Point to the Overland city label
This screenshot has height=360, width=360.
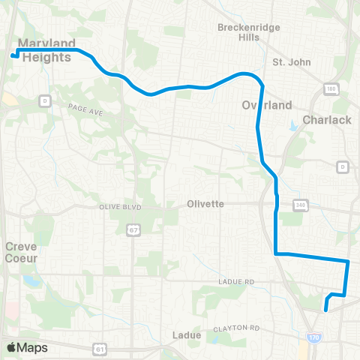pos(266,106)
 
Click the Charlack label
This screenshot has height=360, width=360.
pos(326,120)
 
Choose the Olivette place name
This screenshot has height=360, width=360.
pos(206,203)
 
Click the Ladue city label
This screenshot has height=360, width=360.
pos(187,334)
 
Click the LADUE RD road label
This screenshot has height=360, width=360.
pos(239,282)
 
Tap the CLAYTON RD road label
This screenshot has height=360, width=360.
pos(235,328)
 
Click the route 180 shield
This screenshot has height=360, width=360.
pos(331,89)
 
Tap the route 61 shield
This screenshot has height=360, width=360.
pos(100,348)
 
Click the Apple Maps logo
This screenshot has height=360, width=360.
pos(27,348)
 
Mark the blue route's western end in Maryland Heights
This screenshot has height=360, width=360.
pos(13,55)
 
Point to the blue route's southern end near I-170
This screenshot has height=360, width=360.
pos(325,309)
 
